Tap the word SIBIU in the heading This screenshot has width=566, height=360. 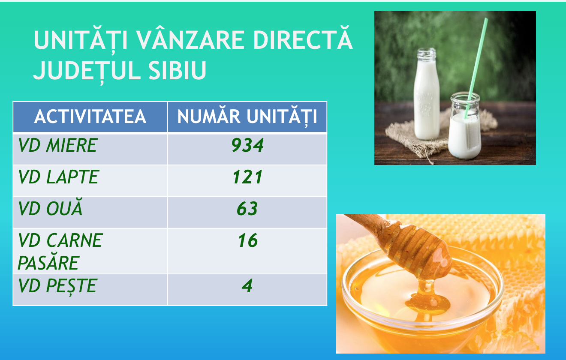pos(177,70)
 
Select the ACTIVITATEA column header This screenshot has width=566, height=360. pos(90,117)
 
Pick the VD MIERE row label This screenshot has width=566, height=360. pos(57,145)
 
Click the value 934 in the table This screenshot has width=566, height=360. pos(247,145)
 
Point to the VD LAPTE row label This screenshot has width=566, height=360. pos(58,177)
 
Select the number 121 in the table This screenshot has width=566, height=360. pos(247,177)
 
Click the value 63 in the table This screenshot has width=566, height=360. pos(247,209)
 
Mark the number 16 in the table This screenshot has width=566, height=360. pos(248,240)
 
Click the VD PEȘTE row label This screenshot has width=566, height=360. pos(57,286)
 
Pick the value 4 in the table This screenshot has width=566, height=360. pos(247,286)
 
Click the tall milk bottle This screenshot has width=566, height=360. pos(427,94)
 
